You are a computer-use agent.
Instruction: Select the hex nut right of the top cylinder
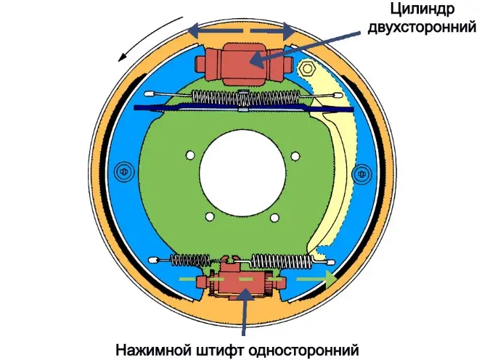307,70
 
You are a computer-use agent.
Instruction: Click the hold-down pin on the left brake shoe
121,172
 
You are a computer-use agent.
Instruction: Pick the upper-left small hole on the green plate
189,154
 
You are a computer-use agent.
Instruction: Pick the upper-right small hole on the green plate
297,154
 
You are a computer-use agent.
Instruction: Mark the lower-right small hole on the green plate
276,216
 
